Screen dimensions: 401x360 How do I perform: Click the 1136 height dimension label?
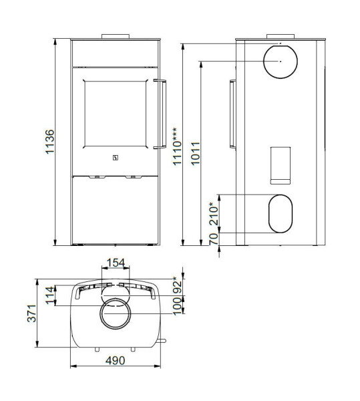[50, 142]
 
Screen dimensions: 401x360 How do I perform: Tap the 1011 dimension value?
[194, 154]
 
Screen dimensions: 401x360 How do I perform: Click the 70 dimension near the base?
[214, 239]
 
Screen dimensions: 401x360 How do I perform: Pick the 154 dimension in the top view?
[116, 263]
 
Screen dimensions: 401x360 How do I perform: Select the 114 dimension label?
[49, 295]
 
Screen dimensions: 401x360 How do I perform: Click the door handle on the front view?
[160, 113]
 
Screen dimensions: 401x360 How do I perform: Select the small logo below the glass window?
[114, 158]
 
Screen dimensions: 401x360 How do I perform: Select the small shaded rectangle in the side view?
[280, 164]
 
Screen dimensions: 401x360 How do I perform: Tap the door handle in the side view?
[232, 114]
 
